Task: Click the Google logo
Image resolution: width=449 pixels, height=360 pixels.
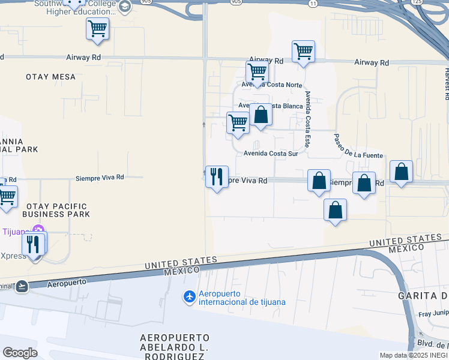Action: tap(20, 353)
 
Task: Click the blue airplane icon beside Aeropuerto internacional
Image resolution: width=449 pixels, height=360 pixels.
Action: tap(189, 297)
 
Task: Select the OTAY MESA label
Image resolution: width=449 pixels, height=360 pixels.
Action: tap(51, 77)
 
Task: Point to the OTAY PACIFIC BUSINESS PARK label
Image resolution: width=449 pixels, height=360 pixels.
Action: tap(56, 210)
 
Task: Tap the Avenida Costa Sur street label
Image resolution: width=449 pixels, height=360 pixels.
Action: tap(271, 154)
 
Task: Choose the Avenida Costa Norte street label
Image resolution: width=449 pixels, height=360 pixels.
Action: tap(272, 85)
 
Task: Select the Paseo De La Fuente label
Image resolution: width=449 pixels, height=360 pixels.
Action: tap(358, 146)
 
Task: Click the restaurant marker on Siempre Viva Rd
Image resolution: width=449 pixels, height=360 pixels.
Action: tap(217, 177)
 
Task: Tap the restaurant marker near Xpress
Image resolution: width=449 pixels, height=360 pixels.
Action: tap(34, 244)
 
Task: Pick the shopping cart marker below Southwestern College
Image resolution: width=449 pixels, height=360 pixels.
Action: tap(97, 28)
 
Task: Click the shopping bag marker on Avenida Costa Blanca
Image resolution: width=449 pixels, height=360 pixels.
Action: tap(261, 115)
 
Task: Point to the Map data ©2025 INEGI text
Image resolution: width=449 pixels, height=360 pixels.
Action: tap(414, 355)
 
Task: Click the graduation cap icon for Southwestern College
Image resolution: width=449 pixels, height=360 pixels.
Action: tap(125, 7)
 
